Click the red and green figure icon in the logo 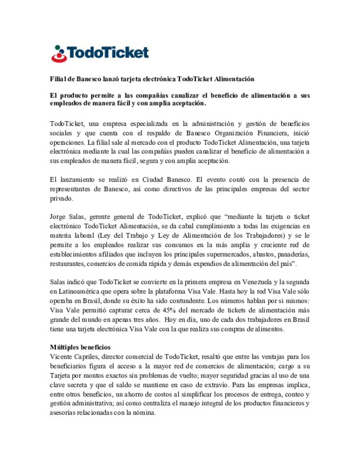pyautogui.click(x=59, y=54)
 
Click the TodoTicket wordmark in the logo pyautogui.click(x=108, y=53)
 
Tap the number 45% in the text pyautogui.click(x=169, y=310)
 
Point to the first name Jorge pyautogui.click(x=57, y=217)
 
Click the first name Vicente pyautogui.click(x=60, y=357)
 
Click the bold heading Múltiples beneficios pyautogui.click(x=80, y=347)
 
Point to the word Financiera pyautogui.click(x=273, y=133)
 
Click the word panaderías pyautogui.click(x=293, y=254)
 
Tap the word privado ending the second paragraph pyautogui.click(x=61, y=199)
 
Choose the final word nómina pyautogui.click(x=145, y=413)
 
